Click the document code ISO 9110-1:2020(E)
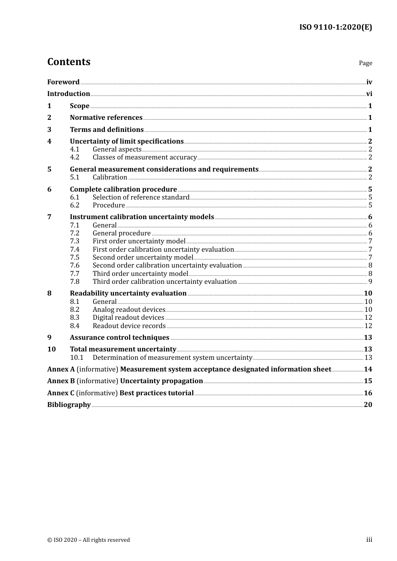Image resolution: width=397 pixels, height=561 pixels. [x=335, y=27]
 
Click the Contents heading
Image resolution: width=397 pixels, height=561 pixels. [x=69, y=62]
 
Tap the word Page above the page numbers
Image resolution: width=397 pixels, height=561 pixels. [x=365, y=63]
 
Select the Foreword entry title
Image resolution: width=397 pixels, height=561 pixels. [x=63, y=82]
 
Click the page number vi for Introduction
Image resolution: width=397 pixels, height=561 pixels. [x=369, y=94]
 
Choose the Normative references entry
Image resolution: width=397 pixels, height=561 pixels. [x=106, y=118]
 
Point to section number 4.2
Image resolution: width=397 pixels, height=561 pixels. [x=74, y=157]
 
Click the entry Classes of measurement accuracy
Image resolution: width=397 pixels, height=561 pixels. [x=145, y=157]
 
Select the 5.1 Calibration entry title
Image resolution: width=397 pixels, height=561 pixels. [x=110, y=177]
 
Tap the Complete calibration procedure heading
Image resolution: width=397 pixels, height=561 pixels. [x=123, y=190]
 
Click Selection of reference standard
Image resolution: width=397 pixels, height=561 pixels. [x=141, y=197]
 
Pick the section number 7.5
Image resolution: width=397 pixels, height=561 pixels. [x=74, y=258]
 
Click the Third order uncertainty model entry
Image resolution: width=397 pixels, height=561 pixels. [x=140, y=274]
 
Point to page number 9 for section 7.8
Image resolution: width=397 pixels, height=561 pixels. [x=370, y=282]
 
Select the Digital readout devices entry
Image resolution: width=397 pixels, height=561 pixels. [x=128, y=318]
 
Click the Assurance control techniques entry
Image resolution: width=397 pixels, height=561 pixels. [x=120, y=338]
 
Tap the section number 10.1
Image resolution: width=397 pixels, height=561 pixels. [x=76, y=358]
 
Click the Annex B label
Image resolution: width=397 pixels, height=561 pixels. [x=61, y=381]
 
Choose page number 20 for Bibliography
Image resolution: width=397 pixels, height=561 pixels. [x=368, y=405]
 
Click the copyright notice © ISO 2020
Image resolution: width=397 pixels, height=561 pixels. [x=89, y=540]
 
